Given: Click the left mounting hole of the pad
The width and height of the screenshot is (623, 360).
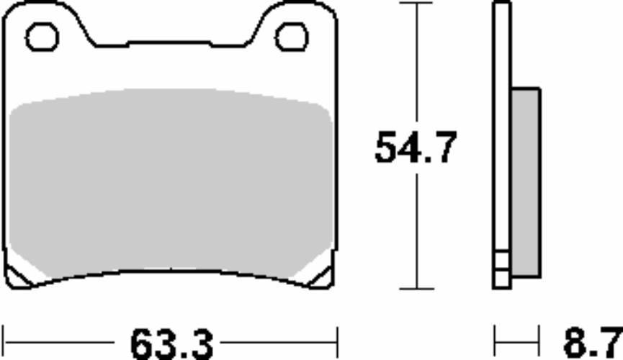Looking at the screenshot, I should click(x=42, y=37).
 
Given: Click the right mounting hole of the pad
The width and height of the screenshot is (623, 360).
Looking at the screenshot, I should click(x=292, y=36).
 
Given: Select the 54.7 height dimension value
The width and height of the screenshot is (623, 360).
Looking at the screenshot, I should click(x=416, y=149).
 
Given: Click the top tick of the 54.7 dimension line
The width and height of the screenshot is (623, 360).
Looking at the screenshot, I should click(x=416, y=3).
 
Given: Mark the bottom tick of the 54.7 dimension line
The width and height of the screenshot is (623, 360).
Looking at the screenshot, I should click(x=416, y=289).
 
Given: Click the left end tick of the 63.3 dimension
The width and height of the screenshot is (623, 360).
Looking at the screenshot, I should click(x=4, y=337).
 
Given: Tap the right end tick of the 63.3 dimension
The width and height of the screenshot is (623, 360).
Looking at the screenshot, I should click(x=336, y=337).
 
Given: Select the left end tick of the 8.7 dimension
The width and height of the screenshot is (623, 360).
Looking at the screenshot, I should click(x=494, y=337).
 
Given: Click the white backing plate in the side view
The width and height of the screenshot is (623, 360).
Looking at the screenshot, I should click(x=502, y=144).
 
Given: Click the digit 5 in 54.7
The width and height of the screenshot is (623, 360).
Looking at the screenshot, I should click(x=386, y=149).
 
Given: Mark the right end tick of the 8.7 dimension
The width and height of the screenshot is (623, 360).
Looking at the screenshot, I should click(x=539, y=337).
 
